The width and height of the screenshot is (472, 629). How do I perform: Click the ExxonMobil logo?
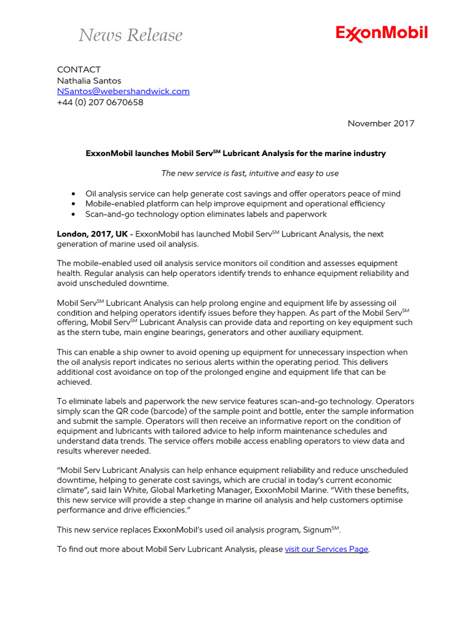click(382, 34)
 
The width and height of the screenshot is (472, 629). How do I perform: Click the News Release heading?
click(130, 36)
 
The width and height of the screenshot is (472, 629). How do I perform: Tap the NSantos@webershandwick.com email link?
click(123, 92)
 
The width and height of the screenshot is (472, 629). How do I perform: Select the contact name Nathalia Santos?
click(89, 80)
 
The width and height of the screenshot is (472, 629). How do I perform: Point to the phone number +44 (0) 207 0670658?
click(100, 103)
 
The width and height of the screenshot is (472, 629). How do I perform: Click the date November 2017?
click(380, 123)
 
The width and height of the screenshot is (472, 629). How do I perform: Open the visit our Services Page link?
click(326, 549)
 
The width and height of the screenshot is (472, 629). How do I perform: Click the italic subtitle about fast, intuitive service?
click(250, 173)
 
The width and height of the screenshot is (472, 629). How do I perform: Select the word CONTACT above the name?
click(79, 69)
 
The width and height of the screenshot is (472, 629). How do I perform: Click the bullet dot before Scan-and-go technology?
click(74, 214)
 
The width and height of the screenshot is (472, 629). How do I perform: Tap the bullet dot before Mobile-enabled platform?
click(74, 204)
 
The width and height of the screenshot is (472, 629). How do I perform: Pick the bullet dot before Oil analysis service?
click(74, 193)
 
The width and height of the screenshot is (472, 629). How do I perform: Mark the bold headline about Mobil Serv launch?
click(235, 154)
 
